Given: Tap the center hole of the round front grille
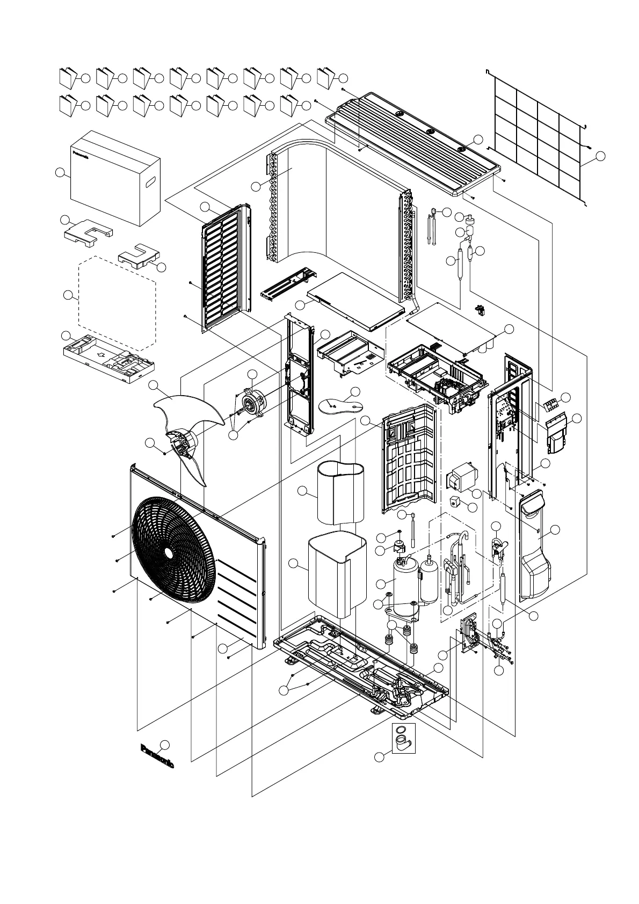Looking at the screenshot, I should [x=169, y=553].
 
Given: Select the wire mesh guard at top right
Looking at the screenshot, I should [x=537, y=134].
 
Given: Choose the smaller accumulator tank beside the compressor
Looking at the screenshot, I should [x=429, y=581].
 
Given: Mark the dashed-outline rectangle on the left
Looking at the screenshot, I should [x=117, y=303].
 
